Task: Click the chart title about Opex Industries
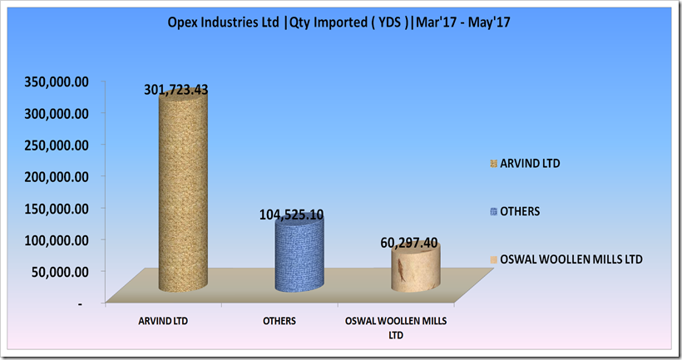click(339, 22)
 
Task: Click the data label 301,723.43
click(176, 90)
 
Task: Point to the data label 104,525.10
click(291, 215)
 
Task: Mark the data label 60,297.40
click(409, 243)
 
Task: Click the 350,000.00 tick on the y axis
click(57, 81)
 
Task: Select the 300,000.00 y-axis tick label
click(57, 113)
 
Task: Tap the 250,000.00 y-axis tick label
click(57, 145)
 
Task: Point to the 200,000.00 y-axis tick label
click(57, 177)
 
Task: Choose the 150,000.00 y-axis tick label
click(57, 209)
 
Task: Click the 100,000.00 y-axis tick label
click(57, 240)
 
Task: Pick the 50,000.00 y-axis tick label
click(60, 272)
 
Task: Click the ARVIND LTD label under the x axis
click(163, 321)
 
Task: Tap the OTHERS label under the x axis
click(279, 321)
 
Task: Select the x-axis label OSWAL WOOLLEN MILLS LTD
click(396, 328)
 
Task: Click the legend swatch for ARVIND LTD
click(494, 164)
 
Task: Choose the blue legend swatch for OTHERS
click(494, 212)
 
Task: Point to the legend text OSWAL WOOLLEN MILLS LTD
click(571, 259)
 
